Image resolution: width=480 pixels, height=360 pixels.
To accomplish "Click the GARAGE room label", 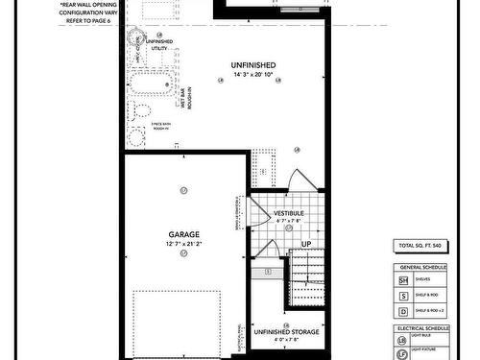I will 184,233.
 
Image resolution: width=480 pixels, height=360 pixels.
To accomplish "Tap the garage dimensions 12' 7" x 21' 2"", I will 184,244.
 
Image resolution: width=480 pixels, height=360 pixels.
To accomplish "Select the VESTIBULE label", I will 289,212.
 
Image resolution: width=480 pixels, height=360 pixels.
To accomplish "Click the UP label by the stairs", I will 306,244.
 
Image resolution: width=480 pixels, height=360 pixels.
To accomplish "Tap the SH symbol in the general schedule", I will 403,278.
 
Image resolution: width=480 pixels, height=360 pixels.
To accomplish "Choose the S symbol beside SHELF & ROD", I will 403,296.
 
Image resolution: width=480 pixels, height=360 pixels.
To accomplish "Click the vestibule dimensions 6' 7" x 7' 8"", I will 289,221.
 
